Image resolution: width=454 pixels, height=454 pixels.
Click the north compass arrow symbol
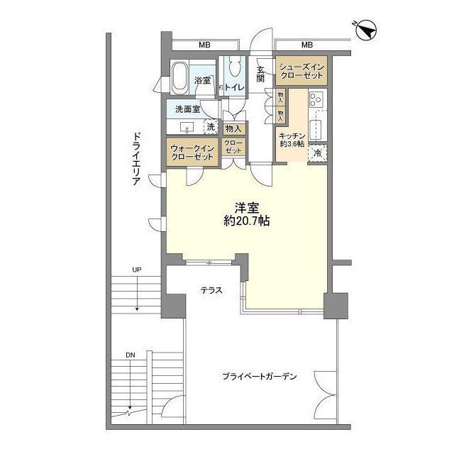(367, 29)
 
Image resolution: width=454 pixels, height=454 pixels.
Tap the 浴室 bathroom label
(203, 80)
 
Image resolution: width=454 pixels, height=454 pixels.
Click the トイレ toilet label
(236, 87)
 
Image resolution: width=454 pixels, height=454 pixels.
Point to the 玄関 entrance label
(261, 74)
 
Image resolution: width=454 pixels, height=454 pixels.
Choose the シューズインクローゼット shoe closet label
(302, 71)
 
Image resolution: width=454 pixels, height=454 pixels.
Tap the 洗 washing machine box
(210, 127)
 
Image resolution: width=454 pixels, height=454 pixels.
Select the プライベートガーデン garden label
(259, 375)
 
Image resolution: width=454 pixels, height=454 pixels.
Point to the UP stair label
(135, 270)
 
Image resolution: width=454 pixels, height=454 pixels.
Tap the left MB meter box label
(204, 45)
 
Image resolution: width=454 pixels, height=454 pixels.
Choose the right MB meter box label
(306, 45)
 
